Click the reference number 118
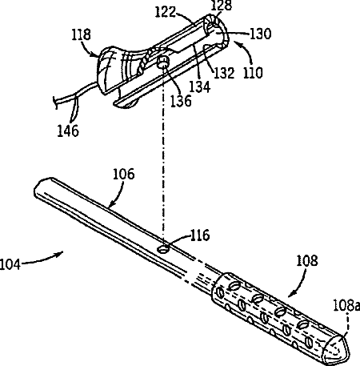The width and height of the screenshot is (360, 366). pyautogui.click(x=81, y=35)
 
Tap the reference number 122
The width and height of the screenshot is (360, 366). pyautogui.click(x=166, y=12)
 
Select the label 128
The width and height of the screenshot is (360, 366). pyautogui.click(x=221, y=6)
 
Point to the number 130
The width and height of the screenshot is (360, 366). pyautogui.click(x=260, y=34)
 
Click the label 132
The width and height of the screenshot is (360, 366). pyautogui.click(x=224, y=73)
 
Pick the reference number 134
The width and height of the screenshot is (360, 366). pyautogui.click(x=200, y=86)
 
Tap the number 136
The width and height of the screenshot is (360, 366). pyautogui.click(x=181, y=101)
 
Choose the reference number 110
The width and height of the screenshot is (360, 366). pyautogui.click(x=253, y=73)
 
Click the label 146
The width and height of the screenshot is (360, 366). pyautogui.click(x=68, y=131)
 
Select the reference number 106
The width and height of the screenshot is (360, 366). pyautogui.click(x=124, y=174)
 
